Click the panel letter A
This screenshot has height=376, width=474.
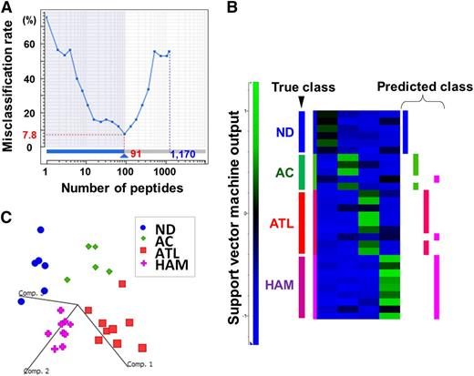click(7, 8)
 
